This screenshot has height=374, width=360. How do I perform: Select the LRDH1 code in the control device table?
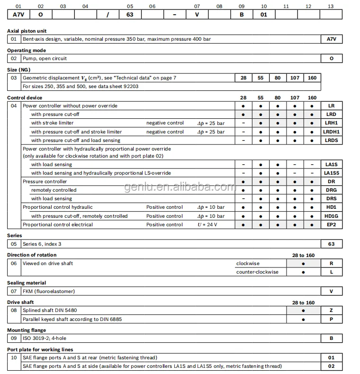click(x=331, y=132)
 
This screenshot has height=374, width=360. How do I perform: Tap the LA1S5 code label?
click(x=331, y=173)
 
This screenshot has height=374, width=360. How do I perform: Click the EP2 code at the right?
click(x=331, y=224)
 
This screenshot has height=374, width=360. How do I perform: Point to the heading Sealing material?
click(x=27, y=283)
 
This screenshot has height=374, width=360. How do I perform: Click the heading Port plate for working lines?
click(x=40, y=349)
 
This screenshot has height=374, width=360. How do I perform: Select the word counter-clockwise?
click(x=257, y=272)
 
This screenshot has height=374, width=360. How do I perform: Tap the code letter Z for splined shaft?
click(x=331, y=311)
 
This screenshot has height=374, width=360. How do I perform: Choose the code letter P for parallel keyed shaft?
click(x=331, y=319)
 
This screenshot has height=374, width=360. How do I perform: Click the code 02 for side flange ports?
click(x=331, y=366)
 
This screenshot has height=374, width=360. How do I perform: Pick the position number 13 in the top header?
click(x=331, y=6)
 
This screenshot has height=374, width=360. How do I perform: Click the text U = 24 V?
click(x=207, y=224)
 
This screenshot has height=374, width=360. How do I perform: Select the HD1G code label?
click(x=331, y=216)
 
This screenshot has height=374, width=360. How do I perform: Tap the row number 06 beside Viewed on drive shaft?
click(x=14, y=263)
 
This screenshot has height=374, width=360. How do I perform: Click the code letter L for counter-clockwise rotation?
click(x=331, y=272)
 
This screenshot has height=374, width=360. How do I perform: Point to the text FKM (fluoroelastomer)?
click(x=49, y=291)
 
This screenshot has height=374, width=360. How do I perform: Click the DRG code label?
click(x=331, y=190)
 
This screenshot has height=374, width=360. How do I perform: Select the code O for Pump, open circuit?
click(x=331, y=59)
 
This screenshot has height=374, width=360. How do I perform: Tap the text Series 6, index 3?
click(x=42, y=244)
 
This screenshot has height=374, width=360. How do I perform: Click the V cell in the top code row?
click(x=197, y=14)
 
